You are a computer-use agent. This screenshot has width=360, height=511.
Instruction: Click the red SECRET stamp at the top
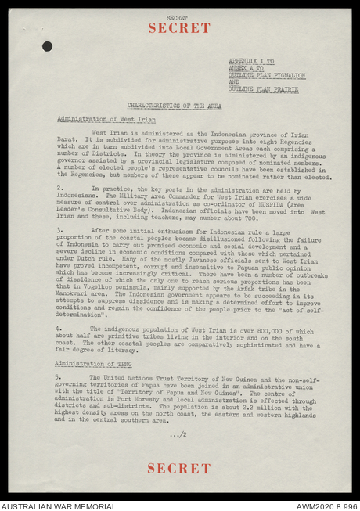click(x=179, y=27)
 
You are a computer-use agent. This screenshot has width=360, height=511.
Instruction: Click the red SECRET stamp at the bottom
click(x=179, y=468)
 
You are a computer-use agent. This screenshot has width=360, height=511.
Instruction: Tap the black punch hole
click(x=48, y=46)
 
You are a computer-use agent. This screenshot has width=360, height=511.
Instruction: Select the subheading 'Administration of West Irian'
click(x=106, y=119)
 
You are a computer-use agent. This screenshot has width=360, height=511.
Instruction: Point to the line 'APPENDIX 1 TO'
click(x=251, y=60)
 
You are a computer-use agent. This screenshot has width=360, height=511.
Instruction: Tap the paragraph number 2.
click(x=60, y=188)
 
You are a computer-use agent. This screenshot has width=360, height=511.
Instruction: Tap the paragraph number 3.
click(x=60, y=230)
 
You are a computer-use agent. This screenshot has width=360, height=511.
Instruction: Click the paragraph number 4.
click(x=60, y=329)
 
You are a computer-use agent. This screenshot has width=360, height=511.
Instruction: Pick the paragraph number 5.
click(x=60, y=377)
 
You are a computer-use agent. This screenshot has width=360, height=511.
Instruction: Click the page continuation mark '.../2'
click(x=178, y=434)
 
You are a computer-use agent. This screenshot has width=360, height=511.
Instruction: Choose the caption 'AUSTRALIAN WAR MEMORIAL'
click(x=59, y=506)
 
